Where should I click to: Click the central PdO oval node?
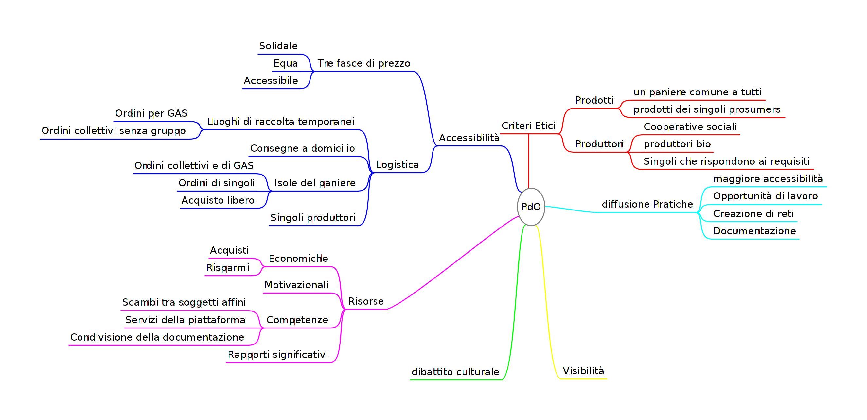pos(531,207)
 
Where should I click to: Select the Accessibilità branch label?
pos(469,138)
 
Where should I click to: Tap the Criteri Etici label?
pos(528,126)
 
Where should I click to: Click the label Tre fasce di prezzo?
pos(364,63)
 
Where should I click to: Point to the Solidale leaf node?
pos(278,46)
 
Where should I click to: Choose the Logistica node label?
pos(397,165)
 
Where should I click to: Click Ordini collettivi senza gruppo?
pos(114,131)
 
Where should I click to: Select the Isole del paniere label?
pos(315,183)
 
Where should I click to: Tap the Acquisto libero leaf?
pos(218,200)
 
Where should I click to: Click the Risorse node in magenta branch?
pos(366,301)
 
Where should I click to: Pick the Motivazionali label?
pos(296,285)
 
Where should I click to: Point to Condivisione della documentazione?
pos(157,337)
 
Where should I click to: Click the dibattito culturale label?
pos(455,372)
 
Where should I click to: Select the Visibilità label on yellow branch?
pos(583,371)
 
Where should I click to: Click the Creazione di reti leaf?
pos(753,214)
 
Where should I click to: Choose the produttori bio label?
pos(677,144)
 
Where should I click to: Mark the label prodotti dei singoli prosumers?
pos(707,109)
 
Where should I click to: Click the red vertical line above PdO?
pos(528,161)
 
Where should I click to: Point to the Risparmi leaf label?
pos(227,268)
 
